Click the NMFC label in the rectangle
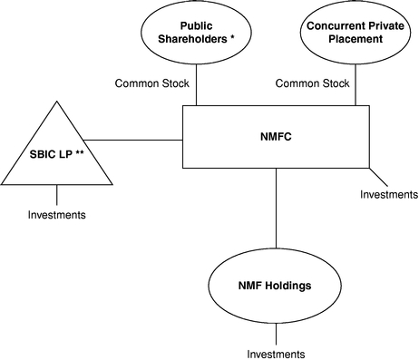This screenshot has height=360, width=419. pos(276,137)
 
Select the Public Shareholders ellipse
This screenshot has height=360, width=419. pos(197,64)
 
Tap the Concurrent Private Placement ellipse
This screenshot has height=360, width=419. pos(356,64)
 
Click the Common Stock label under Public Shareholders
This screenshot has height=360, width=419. pos(152,83)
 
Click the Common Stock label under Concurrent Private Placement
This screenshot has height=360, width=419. pos(312,83)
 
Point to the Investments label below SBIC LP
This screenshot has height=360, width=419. pos(57,215)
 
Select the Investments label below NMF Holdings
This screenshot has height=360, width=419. pos(276,354)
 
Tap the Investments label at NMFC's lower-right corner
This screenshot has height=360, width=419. pos(389,194)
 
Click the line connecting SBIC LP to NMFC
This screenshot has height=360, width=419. pos(133,140)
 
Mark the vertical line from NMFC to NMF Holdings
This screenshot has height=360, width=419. pos(276,208)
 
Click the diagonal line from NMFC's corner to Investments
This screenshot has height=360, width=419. pos(378,177)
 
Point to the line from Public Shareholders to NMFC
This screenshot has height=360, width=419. pos(197,85)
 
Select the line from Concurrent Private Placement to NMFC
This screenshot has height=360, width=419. pos(356,85)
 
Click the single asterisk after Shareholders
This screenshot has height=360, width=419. pos(232,37)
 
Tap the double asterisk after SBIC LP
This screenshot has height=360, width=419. pos(80,152)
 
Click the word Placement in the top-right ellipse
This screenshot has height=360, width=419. pos(356,39)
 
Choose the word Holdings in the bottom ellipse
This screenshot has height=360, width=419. pos(287,286)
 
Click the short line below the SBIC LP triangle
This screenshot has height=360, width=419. pos(57,195)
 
